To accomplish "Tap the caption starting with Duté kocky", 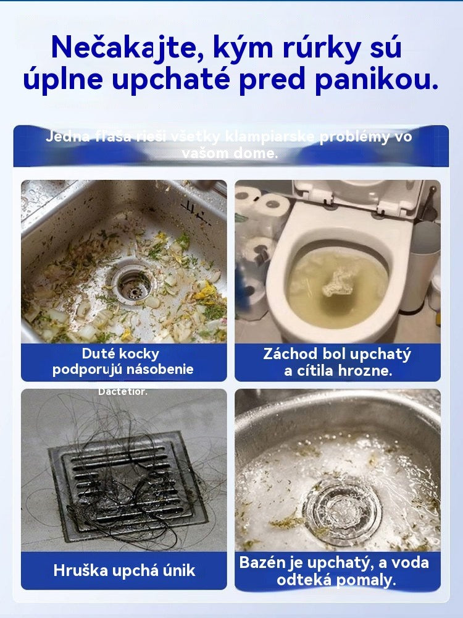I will click(x=123, y=362).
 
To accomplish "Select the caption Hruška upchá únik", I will click(x=124, y=570).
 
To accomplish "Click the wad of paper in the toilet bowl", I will click(x=338, y=281).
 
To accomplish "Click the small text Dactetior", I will click(x=123, y=391).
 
